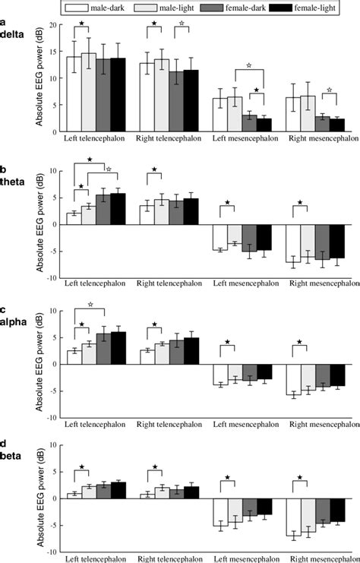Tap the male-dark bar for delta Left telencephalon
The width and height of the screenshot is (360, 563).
74,94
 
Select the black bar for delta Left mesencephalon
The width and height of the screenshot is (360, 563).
264,125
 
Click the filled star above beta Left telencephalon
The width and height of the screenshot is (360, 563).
81,467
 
